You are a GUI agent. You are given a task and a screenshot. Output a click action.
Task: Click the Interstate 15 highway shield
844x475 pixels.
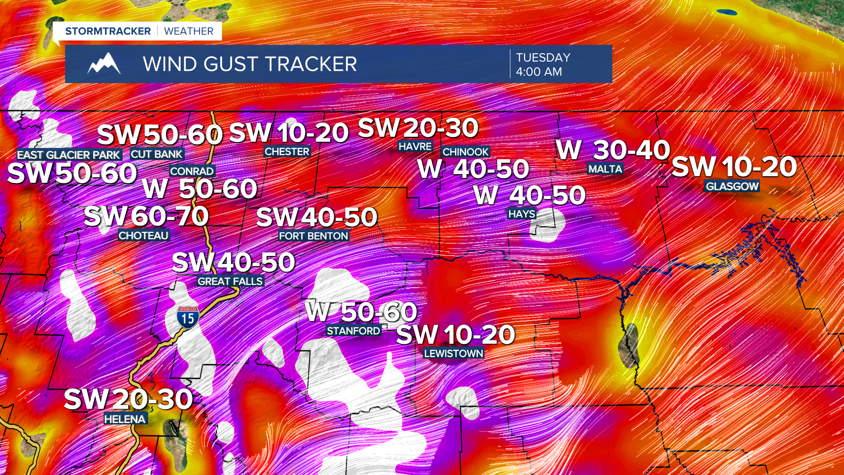click(x=188, y=317)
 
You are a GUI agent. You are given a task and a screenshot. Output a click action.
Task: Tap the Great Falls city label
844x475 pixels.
click(x=230, y=281)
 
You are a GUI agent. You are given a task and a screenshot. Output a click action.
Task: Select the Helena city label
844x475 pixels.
click(x=125, y=419)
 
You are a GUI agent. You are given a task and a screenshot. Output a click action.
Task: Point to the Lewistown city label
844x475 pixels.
click(x=453, y=354)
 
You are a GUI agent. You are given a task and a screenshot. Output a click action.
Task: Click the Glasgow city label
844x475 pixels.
click(x=732, y=186)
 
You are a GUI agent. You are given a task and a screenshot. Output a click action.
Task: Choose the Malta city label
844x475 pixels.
click(x=605, y=169)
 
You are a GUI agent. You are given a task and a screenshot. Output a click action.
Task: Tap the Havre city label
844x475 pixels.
click(x=415, y=146)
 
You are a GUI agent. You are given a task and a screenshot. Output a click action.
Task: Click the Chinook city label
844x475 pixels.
click(x=466, y=152)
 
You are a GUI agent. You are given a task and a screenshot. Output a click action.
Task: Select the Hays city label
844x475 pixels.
click(x=522, y=214)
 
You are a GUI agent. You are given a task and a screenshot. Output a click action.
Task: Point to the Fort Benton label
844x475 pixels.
click(x=313, y=236)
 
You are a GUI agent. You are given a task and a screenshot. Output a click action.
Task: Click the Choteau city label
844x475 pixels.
click(x=143, y=236)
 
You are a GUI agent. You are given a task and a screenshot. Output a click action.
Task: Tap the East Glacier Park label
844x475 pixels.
click(x=69, y=155)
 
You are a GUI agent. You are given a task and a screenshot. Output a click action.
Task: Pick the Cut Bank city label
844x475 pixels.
click(x=156, y=154)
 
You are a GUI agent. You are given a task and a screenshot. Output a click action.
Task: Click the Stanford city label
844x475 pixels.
click(x=353, y=331)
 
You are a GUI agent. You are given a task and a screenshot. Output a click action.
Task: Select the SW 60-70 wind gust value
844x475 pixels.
click(x=146, y=216)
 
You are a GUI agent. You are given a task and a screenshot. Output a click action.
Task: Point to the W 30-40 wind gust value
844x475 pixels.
click(x=613, y=150)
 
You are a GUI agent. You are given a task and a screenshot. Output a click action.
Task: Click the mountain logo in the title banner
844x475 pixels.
click(x=104, y=64)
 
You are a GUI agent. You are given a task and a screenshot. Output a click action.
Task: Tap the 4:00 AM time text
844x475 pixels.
click(x=539, y=72)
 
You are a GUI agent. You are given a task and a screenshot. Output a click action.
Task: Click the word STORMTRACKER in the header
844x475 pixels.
click(x=108, y=31)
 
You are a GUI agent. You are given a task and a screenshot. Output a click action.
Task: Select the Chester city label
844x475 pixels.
click(x=287, y=152)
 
